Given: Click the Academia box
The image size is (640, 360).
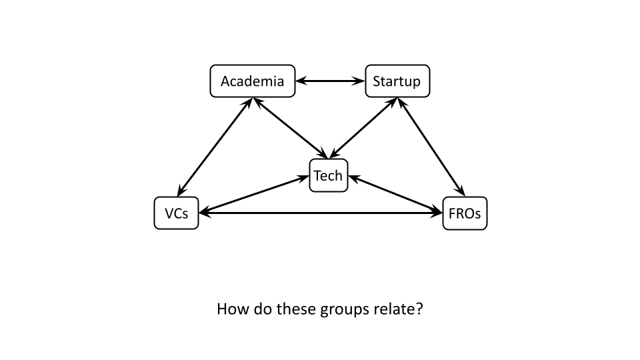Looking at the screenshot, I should click(x=252, y=81).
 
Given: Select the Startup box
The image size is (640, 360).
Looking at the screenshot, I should click(x=397, y=81).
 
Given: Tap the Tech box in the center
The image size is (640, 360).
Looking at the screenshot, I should click(x=328, y=175).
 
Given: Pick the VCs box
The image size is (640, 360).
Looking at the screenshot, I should click(x=176, y=213).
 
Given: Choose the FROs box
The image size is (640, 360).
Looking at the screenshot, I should click(x=465, y=213).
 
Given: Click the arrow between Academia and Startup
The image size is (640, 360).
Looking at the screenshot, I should click(x=330, y=81).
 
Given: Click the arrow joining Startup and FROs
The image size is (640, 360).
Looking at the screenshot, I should click(x=431, y=147).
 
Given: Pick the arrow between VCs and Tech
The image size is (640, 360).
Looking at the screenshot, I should click(x=253, y=195).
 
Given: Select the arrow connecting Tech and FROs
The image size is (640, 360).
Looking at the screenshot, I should click(x=396, y=195).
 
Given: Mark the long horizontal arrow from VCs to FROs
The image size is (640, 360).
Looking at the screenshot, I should click(x=320, y=213).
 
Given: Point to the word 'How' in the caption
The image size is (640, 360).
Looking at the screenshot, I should click(x=231, y=310).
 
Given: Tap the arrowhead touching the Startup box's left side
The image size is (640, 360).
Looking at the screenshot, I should click(x=360, y=81).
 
